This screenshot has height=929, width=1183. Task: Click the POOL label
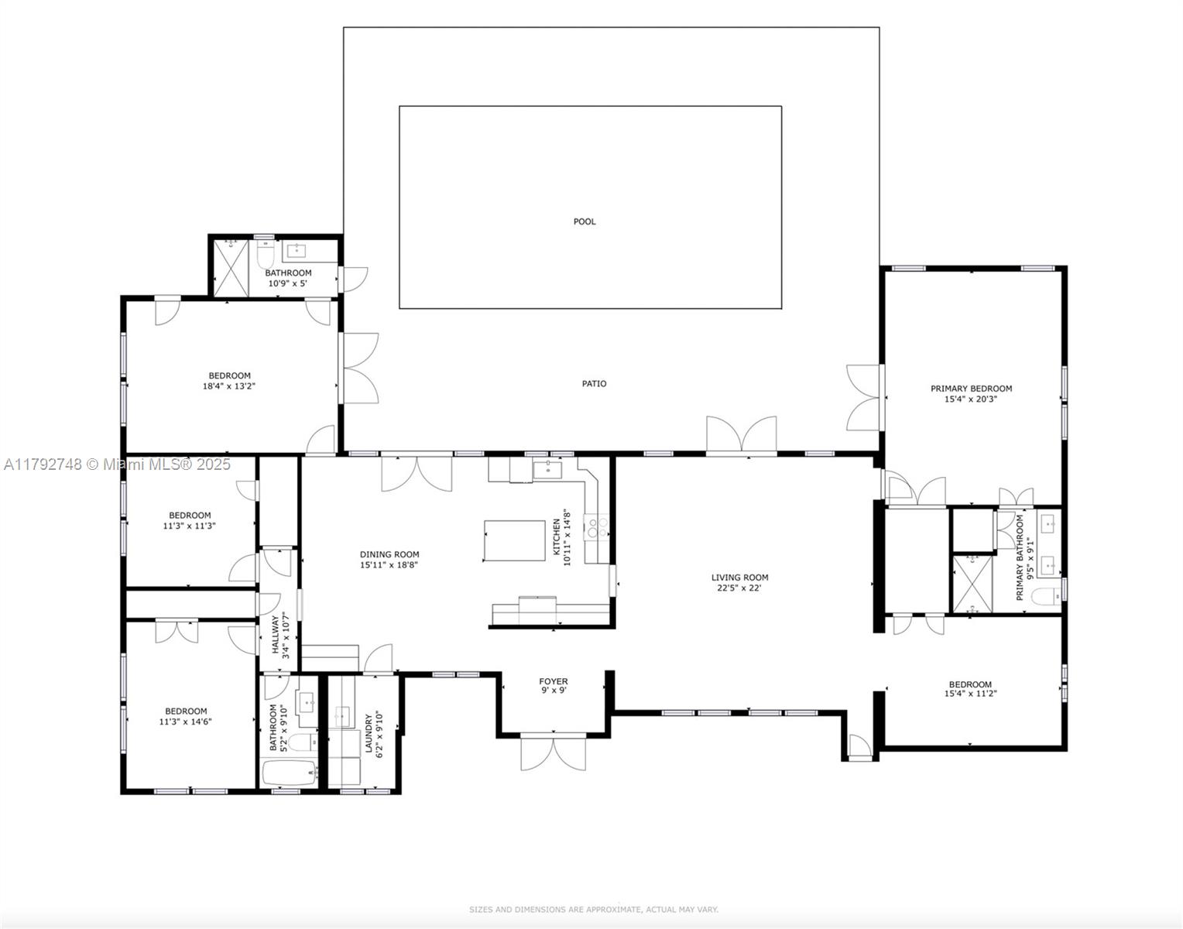(x=585, y=221)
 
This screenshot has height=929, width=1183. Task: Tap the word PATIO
(x=594, y=383)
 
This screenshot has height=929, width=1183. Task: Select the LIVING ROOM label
(x=739, y=577)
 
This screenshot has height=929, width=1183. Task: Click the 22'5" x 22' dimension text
(x=739, y=588)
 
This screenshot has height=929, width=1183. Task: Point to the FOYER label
(x=553, y=681)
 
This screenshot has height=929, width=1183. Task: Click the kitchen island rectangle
(x=515, y=540)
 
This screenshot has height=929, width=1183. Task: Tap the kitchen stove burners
(x=596, y=527)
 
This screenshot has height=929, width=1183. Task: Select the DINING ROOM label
(x=389, y=554)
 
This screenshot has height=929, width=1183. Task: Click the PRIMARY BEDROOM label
(x=971, y=389)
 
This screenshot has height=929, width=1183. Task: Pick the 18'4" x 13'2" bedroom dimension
(x=229, y=386)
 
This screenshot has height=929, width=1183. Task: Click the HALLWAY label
(x=275, y=635)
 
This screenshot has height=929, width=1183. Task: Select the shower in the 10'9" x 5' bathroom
(x=231, y=266)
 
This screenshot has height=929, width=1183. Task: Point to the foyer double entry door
(x=553, y=753)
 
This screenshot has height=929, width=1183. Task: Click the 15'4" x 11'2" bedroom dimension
(x=970, y=694)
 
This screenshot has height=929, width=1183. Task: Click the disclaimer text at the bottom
(x=593, y=910)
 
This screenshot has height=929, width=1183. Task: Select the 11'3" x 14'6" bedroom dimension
(x=186, y=722)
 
